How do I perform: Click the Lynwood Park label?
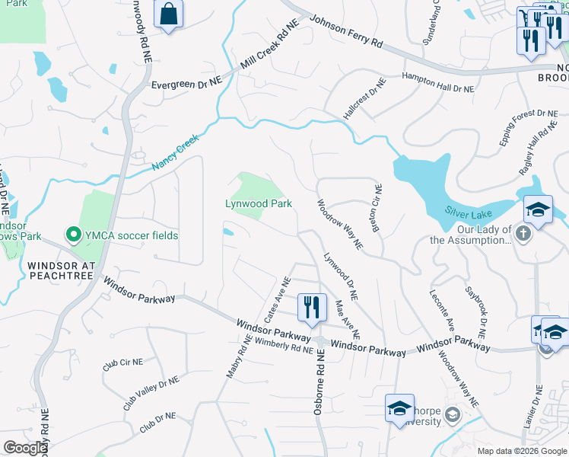pyautogui.click(x=259, y=203)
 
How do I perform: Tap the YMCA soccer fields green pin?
pyautogui.click(x=74, y=235)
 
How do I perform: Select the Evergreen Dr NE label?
pyautogui.click(x=186, y=85)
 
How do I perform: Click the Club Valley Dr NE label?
pyautogui.click(x=151, y=393)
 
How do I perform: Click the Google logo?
pyautogui.click(x=25, y=448)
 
